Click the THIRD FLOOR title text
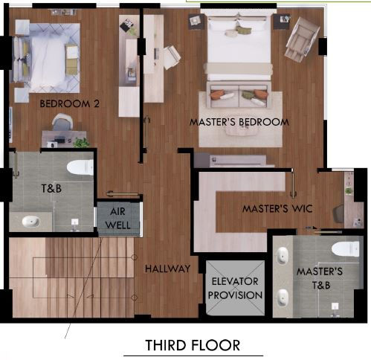click(193, 345)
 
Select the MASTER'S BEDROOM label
click(239, 121)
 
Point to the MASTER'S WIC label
click(276, 209)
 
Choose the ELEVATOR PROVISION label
click(234, 288)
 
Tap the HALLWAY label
click(167, 269)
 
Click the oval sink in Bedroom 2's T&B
click(32, 221)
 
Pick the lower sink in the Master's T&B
click(283, 297)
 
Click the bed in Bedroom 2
click(46, 56)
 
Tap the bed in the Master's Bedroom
click(238, 45)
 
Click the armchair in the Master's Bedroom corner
click(301, 39)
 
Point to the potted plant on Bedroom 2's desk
click(80, 141)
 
